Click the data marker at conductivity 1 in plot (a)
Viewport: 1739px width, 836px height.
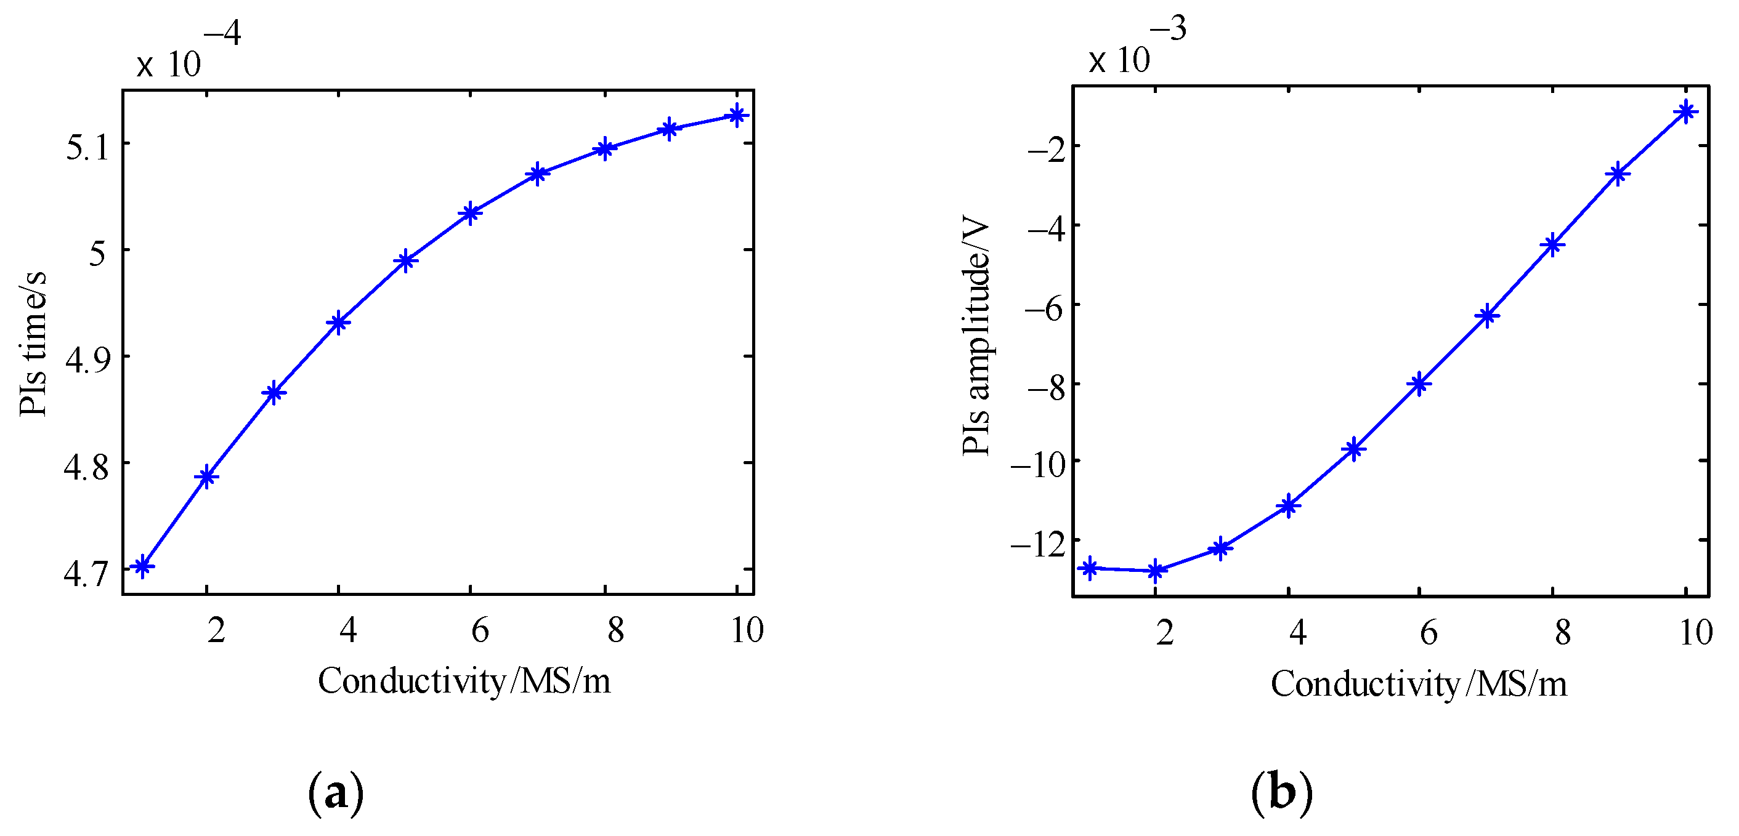click(x=142, y=566)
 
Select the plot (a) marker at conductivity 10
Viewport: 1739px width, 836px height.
click(x=737, y=115)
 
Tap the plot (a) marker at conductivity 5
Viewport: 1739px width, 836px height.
click(x=406, y=260)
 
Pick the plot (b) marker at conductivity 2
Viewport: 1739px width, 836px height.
click(x=1156, y=571)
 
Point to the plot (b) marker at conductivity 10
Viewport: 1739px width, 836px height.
click(x=1685, y=112)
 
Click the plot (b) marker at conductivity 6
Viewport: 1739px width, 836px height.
click(x=1419, y=384)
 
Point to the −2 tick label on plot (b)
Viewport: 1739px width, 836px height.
click(x=1047, y=149)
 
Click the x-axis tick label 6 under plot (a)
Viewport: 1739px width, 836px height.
click(x=480, y=630)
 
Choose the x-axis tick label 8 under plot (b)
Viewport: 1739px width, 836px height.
click(x=1562, y=632)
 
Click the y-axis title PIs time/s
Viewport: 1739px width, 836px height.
click(x=33, y=344)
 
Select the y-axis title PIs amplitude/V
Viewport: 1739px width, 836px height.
click(x=976, y=337)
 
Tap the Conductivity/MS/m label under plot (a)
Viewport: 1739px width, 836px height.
click(x=464, y=681)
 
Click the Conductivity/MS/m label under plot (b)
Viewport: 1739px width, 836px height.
click(x=1418, y=683)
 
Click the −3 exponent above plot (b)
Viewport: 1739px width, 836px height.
click(x=1167, y=29)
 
